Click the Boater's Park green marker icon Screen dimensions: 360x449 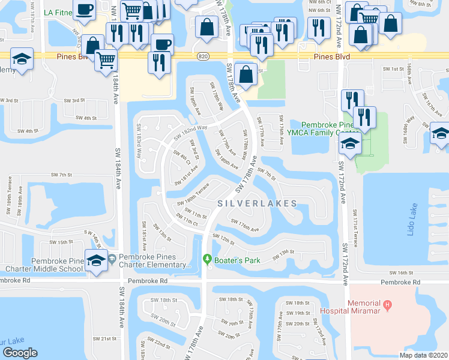click(x=208, y=259)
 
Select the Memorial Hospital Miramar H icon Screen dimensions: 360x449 click(x=387, y=305)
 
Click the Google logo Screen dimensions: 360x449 click(x=20, y=353)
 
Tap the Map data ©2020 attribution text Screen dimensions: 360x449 click(x=423, y=355)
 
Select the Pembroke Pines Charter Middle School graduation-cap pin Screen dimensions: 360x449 click(x=96, y=260)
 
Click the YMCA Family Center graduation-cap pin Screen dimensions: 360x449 click(x=350, y=143)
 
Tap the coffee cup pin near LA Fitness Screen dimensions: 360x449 click(x=85, y=11)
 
